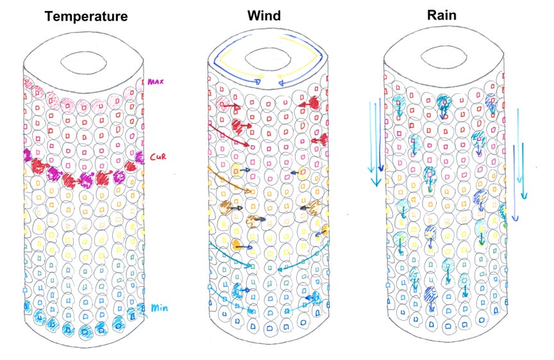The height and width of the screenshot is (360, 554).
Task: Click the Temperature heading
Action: [x=86, y=16]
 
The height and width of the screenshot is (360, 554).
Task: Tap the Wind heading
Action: [x=264, y=15]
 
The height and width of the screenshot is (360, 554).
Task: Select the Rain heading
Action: [x=442, y=15]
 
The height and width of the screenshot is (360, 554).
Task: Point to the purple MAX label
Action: [x=155, y=81]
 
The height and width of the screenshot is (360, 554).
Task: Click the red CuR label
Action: [x=158, y=157]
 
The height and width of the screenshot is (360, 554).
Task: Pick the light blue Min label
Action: [x=160, y=307]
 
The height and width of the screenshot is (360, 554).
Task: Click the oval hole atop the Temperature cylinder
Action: [x=84, y=62]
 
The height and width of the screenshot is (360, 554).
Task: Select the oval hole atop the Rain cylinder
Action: [x=444, y=57]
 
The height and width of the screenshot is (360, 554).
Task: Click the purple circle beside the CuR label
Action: [x=140, y=158]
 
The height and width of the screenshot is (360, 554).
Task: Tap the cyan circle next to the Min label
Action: [x=141, y=309]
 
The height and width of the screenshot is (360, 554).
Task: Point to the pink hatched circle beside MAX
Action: [x=140, y=84]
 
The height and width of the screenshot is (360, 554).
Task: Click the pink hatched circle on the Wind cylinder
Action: [x=222, y=103]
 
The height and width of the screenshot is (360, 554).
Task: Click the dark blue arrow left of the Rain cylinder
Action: [x=380, y=135]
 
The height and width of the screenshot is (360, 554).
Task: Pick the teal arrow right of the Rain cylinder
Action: [x=524, y=171]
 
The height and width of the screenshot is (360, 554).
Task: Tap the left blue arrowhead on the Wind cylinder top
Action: [x=258, y=82]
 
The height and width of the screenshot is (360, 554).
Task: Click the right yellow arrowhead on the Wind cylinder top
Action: [x=280, y=76]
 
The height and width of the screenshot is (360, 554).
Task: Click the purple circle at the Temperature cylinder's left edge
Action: [x=27, y=155]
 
